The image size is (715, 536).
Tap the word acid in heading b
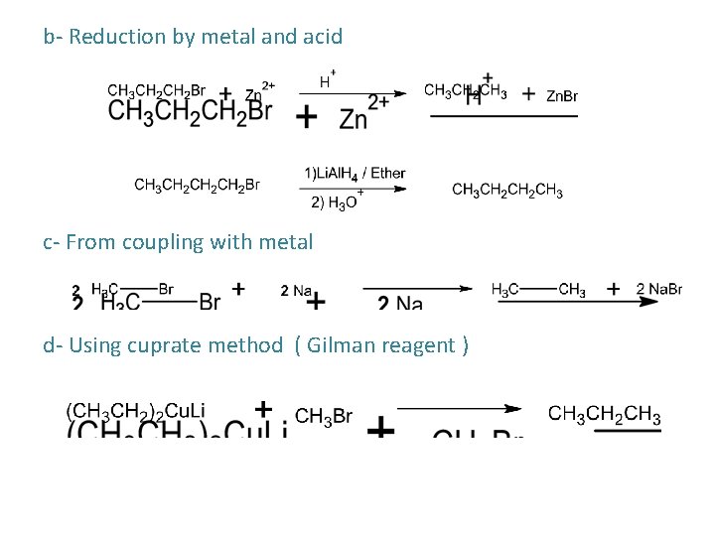point(322,38)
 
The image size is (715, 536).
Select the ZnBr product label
point(562,96)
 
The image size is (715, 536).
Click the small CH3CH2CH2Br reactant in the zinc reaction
point(156,90)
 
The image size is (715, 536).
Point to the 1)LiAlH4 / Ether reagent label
point(355,173)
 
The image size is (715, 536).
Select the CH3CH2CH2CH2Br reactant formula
point(197,185)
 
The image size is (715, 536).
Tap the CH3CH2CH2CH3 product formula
point(507,191)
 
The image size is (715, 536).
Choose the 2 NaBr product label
point(658,290)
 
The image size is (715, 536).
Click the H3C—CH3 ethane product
point(538,290)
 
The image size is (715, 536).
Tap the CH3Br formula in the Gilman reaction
point(324,416)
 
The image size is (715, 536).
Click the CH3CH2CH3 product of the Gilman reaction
point(604,415)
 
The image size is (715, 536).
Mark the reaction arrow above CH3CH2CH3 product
point(459,408)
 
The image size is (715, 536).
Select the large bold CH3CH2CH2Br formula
point(190,111)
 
